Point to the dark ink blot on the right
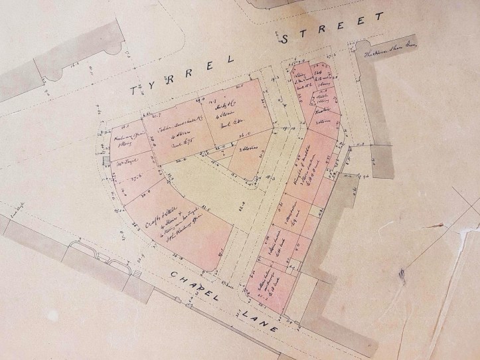(400, 271)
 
